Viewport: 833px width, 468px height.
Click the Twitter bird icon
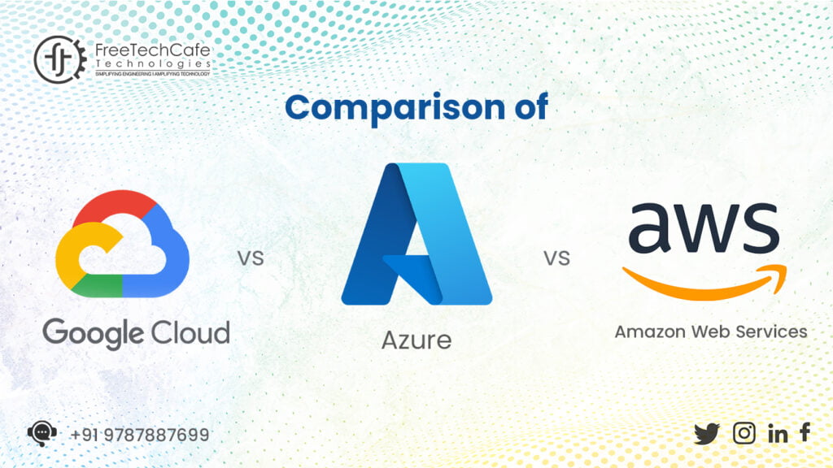click(x=707, y=434)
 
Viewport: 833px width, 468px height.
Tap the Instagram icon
click(x=744, y=433)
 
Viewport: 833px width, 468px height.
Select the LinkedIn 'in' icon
click(x=778, y=434)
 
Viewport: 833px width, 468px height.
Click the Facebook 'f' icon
click(x=805, y=432)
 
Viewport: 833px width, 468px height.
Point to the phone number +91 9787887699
click(x=139, y=435)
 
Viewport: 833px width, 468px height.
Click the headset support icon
click(x=41, y=434)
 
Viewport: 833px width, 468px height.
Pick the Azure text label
click(x=416, y=339)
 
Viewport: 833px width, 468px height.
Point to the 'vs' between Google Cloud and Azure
click(x=251, y=259)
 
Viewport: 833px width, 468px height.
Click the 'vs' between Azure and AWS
click(x=556, y=259)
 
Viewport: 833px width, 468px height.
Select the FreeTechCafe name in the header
click(x=152, y=50)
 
